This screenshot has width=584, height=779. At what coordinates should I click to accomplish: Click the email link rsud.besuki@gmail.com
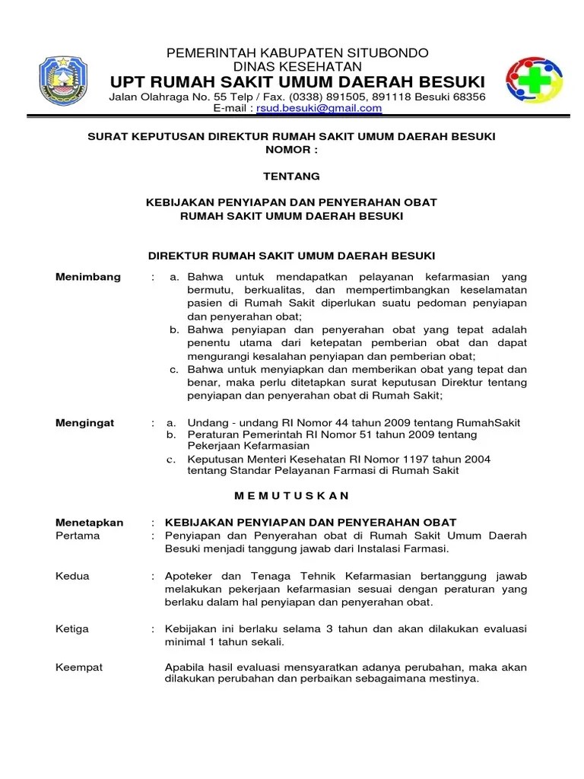[x=319, y=109]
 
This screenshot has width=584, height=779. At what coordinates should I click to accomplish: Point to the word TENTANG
[x=291, y=176]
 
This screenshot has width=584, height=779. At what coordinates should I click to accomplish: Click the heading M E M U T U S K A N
[x=291, y=495]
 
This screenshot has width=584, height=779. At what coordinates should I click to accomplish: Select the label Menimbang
[x=88, y=277]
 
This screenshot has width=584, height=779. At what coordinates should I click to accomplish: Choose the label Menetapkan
[x=90, y=523]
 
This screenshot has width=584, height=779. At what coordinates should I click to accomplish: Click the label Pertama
[x=78, y=536]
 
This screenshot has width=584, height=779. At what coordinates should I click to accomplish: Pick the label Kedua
[x=73, y=576]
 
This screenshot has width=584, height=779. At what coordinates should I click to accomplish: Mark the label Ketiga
[x=73, y=629]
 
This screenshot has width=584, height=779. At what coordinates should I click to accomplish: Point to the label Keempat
[x=80, y=667]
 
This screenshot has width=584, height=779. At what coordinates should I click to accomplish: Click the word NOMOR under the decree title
[x=287, y=149]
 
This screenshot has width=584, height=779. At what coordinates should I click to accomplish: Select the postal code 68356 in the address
[x=468, y=97]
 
